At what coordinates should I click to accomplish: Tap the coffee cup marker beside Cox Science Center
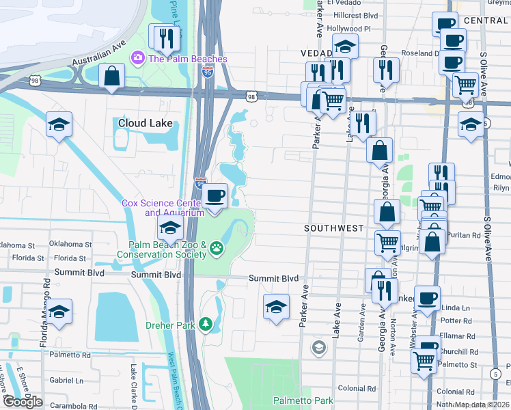[x=216, y=197]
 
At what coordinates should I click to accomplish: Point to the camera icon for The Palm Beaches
[x=137, y=58]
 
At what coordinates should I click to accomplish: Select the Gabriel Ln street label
[x=66, y=380]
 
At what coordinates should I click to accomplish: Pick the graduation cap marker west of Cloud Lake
[x=59, y=125]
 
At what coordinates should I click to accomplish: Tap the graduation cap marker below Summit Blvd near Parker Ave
[x=276, y=307]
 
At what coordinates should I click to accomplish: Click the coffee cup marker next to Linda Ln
[x=427, y=299]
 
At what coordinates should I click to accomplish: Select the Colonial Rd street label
[x=356, y=388]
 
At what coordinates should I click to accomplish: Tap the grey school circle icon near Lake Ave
[x=318, y=348]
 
